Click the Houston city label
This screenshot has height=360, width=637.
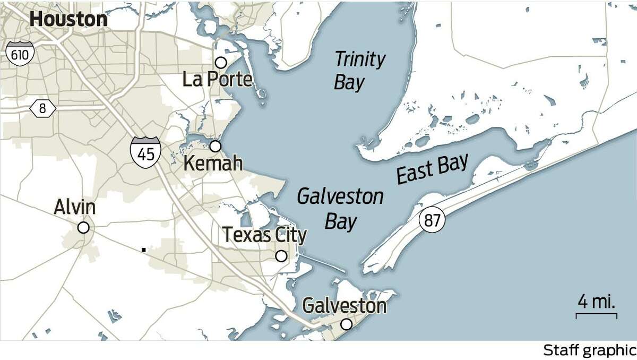tap(68, 19)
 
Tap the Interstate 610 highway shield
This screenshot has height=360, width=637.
tap(21, 54)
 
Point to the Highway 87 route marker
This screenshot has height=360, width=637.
tap(432, 220)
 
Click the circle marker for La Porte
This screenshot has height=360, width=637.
tap(221, 63)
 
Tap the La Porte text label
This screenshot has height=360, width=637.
tap(217, 80)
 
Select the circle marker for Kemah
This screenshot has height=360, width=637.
tap(215, 146)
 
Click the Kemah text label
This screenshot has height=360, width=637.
tap(212, 164)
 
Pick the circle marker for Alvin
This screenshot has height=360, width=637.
tap(83, 228)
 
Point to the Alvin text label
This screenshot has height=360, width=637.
tap(75, 208)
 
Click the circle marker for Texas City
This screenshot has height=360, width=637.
tap(281, 256)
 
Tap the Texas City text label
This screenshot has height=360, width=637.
tap(264, 235)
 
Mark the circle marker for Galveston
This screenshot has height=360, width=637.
tap(346, 324)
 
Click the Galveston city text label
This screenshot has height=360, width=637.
tap(344, 306)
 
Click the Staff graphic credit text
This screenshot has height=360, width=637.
tap(589, 350)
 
